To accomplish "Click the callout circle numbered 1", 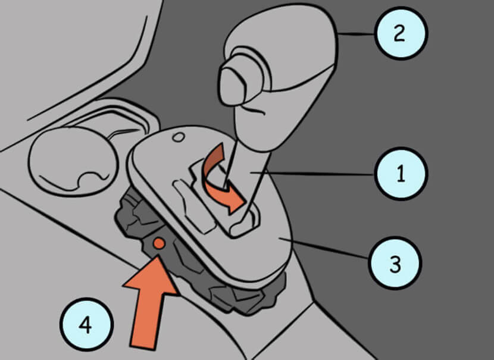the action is point(401,174).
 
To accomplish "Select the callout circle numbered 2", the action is point(401,33).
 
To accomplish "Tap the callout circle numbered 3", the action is point(395,264).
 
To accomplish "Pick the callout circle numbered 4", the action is point(86,324).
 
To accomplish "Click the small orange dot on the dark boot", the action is point(159,243).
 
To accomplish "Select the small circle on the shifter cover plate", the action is point(179,137).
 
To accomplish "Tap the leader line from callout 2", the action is point(356,34).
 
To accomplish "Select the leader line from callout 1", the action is point(320,173).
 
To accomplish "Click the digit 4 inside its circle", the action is point(86,325).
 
